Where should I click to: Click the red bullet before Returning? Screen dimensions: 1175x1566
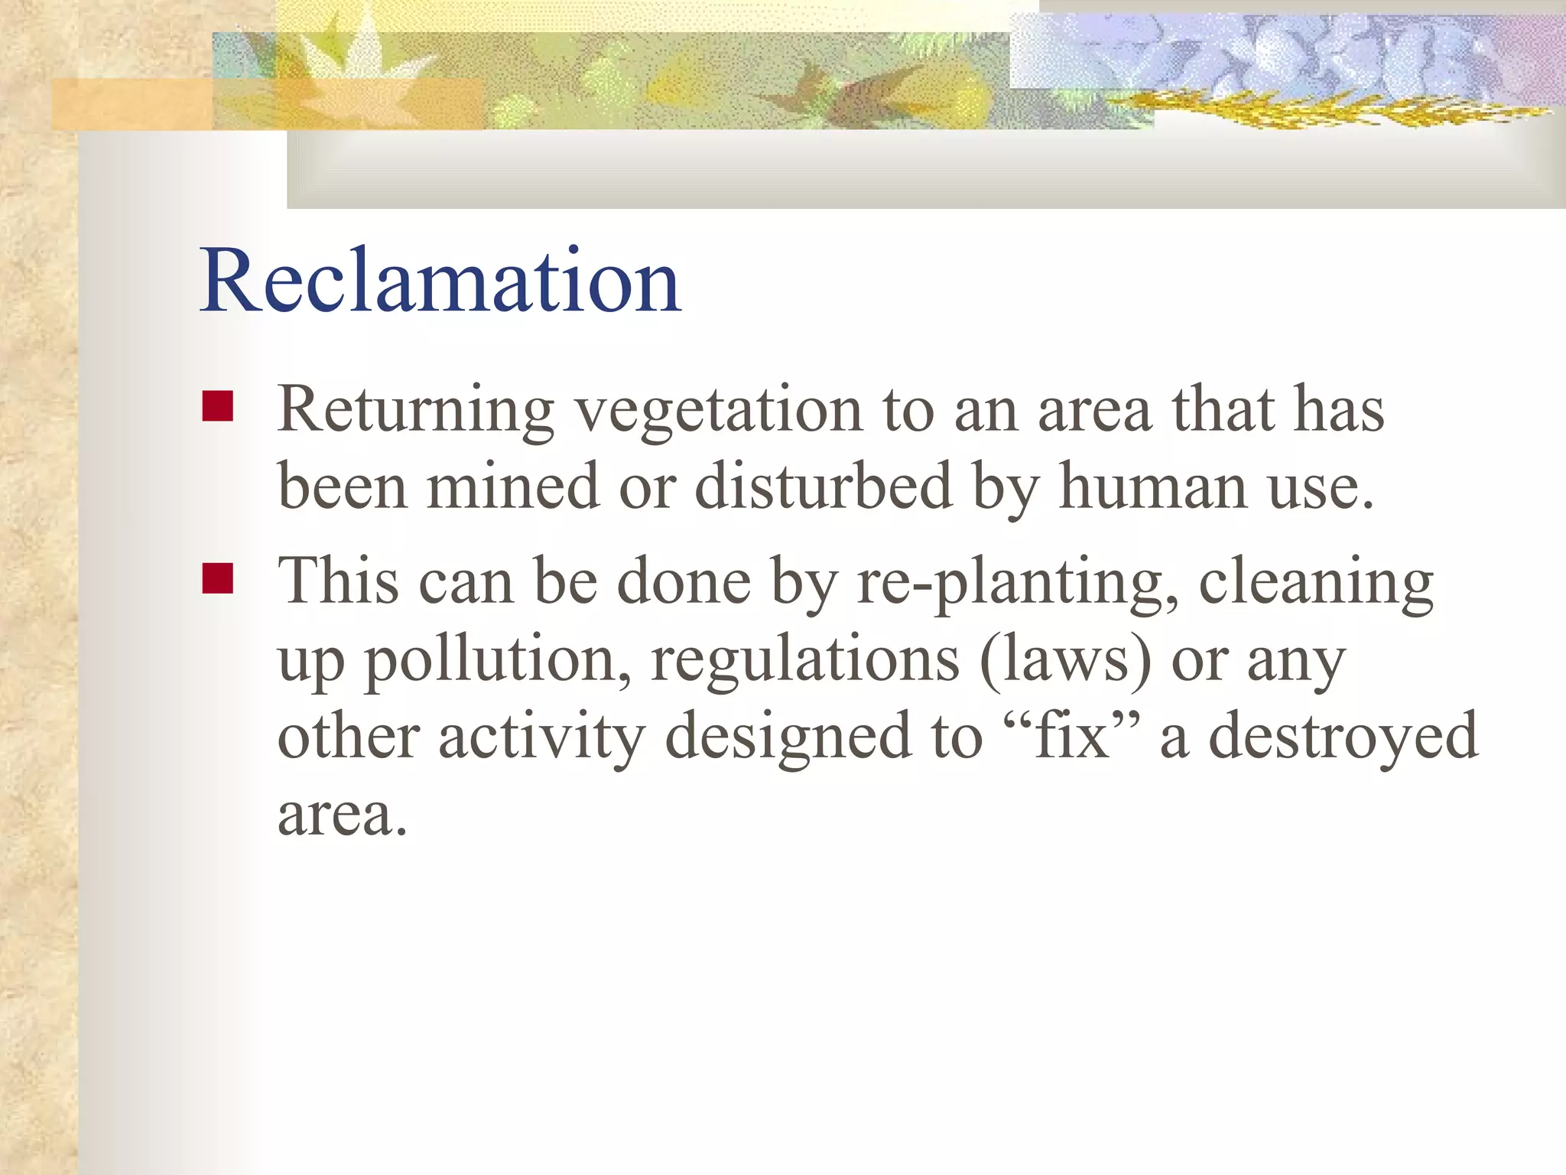pyautogui.click(x=218, y=406)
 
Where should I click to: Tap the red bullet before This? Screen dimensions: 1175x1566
pyautogui.click(x=218, y=578)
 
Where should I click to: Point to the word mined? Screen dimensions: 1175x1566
pyautogui.click(x=512, y=487)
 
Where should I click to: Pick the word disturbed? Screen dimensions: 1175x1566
pyautogui.click(x=823, y=487)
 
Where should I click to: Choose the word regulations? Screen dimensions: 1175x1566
pyautogui.click(x=804, y=661)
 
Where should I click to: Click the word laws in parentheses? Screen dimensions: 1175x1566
pyautogui.click(x=1065, y=659)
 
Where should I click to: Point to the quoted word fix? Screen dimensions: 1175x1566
pyautogui.click(x=1071, y=736)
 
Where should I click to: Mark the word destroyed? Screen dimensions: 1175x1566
pyautogui.click(x=1343, y=736)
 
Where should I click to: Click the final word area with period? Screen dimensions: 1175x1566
pyautogui.click(x=342, y=814)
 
